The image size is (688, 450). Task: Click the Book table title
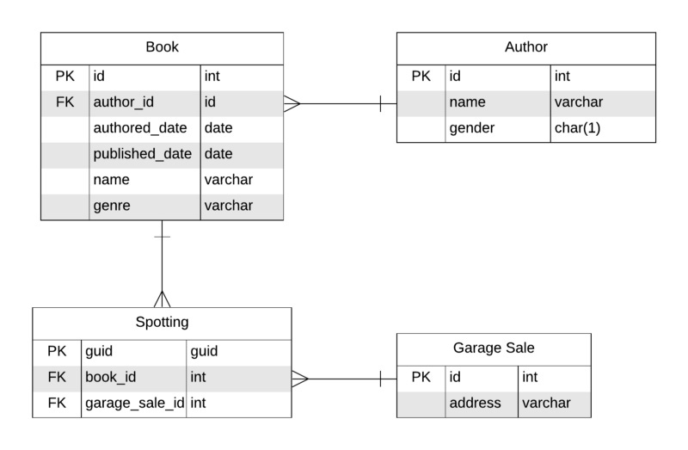click(162, 47)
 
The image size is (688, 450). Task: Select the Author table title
click(525, 47)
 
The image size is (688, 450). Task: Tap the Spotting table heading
click(162, 323)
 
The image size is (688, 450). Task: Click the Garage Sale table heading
click(494, 348)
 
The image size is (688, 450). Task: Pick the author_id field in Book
click(123, 102)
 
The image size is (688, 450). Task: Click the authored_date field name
click(139, 128)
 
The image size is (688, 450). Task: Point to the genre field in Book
click(111, 206)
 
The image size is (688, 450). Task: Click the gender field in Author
click(472, 128)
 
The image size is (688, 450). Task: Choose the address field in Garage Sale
click(475, 403)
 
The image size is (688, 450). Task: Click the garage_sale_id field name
click(133, 403)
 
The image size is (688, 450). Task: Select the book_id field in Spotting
click(110, 377)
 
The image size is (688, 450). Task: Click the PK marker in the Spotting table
click(57, 351)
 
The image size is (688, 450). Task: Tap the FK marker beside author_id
click(64, 102)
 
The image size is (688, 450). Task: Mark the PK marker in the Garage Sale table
click(421, 377)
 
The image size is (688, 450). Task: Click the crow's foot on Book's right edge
click(292, 103)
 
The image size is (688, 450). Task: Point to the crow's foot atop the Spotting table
click(162, 299)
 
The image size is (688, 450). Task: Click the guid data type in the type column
click(204, 351)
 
